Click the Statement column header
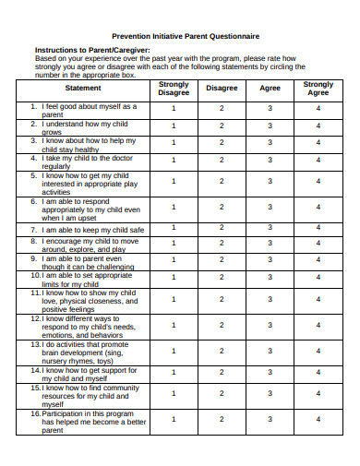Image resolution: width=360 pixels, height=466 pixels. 83,89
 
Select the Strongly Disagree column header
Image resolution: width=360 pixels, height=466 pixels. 174,89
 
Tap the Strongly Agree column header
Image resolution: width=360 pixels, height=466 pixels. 318,89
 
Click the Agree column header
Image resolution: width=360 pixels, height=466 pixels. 270,89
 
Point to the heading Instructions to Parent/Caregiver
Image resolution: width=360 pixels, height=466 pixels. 91,50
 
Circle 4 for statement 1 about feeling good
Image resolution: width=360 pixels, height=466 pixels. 318,109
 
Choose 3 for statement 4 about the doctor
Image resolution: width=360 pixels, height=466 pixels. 270,161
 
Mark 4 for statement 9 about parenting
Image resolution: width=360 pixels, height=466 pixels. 318,261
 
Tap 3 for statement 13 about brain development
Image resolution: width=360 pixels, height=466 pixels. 270,350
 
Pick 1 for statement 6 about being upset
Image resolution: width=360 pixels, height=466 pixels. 174,207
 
